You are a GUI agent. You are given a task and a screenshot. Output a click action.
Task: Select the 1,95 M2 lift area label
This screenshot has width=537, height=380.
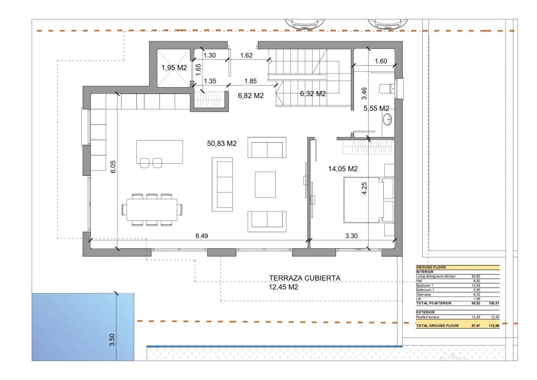tap(174, 68)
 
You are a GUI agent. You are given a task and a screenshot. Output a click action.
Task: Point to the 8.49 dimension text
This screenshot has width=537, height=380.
tap(202, 236)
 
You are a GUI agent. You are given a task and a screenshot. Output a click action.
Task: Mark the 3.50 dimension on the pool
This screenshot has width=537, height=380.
tap(111, 339)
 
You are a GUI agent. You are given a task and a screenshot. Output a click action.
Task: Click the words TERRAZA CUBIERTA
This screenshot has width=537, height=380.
tap(305, 278)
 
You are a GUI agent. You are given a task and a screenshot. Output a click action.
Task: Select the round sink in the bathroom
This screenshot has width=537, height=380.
tap(388, 119)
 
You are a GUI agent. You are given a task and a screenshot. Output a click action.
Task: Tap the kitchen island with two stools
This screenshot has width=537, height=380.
tap(159, 152)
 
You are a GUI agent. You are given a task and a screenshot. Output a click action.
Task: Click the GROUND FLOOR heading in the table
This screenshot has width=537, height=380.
tap(431, 268)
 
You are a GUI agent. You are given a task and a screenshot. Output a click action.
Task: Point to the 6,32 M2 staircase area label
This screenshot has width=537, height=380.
tap(313, 94)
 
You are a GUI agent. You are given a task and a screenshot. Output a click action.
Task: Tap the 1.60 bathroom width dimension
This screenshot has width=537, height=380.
tap(381, 61)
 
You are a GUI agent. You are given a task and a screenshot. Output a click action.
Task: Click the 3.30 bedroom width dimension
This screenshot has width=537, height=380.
tap(351, 236)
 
